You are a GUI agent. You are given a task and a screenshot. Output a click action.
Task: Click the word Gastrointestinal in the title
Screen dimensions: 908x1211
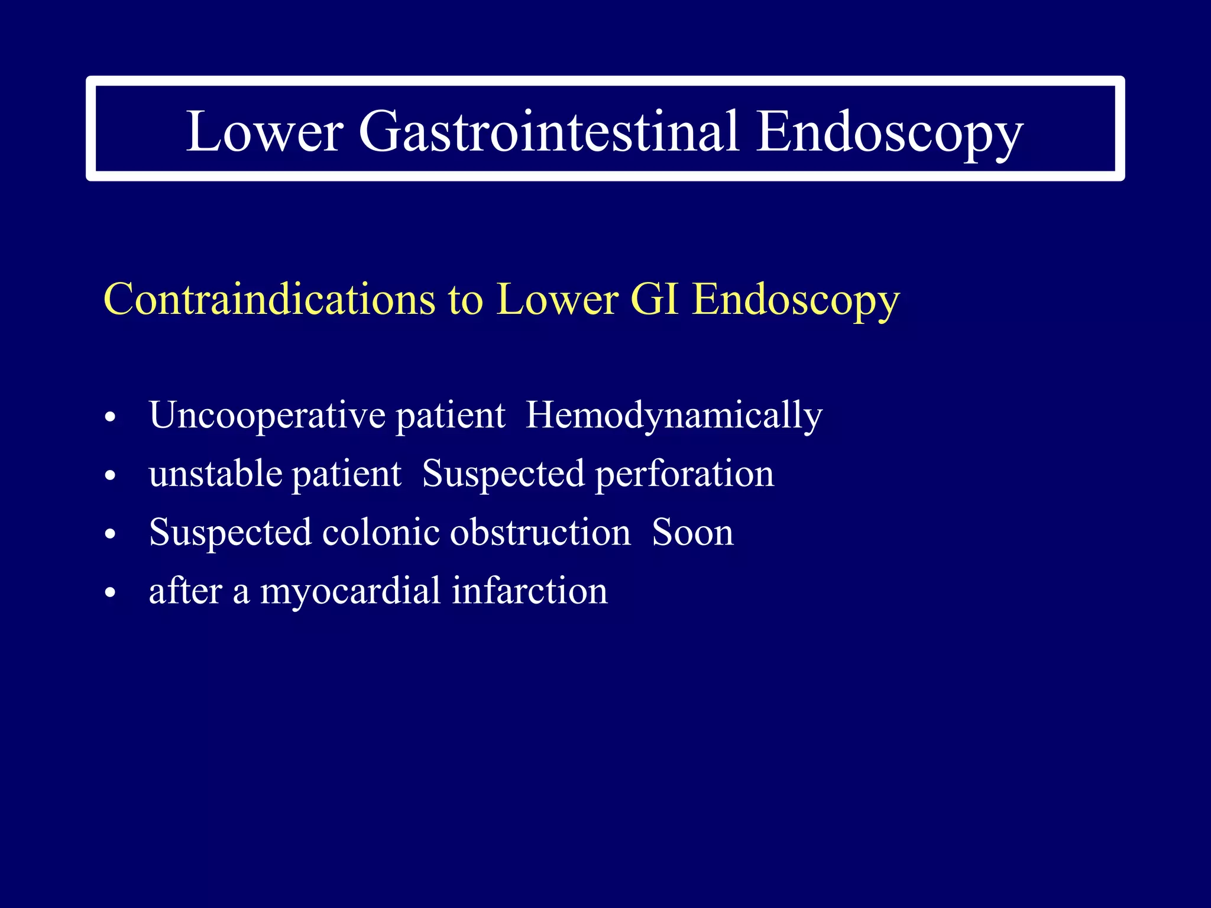click(548, 131)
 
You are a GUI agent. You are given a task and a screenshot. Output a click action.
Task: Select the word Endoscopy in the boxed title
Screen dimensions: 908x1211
click(889, 131)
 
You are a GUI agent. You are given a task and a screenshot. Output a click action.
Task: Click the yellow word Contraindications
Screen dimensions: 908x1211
click(270, 300)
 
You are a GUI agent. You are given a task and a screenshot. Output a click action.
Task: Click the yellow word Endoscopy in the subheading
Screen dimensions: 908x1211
click(796, 300)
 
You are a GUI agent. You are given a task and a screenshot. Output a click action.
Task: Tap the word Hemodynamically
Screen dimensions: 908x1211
click(674, 416)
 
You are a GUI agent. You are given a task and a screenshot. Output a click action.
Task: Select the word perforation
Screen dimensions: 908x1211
click(684, 474)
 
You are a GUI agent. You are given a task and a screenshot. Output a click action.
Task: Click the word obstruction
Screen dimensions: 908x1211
click(540, 533)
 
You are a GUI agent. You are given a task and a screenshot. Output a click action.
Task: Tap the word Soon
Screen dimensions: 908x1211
click(692, 533)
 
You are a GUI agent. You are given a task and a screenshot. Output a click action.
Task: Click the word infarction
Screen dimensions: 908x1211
click(529, 591)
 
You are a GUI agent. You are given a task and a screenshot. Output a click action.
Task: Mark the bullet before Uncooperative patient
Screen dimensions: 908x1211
click(110, 418)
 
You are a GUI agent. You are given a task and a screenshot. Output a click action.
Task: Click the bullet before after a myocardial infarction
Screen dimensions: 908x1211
click(110, 593)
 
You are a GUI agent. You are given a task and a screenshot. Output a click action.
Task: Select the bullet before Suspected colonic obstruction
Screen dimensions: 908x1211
click(110, 534)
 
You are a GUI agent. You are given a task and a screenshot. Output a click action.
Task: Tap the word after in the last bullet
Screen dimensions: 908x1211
click(185, 591)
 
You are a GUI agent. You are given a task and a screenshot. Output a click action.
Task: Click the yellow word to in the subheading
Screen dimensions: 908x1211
click(465, 300)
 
